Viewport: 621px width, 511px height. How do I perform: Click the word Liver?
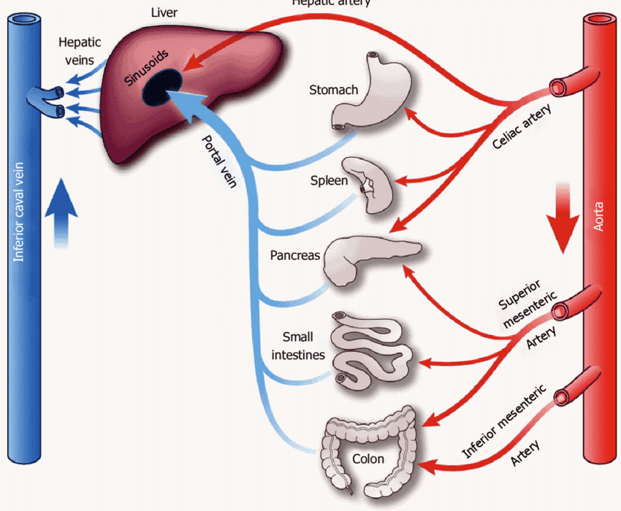(x=164, y=12)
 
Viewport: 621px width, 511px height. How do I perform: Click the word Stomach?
(x=333, y=91)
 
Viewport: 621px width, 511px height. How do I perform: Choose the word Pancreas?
(x=294, y=256)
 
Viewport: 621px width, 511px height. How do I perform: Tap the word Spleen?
(x=329, y=181)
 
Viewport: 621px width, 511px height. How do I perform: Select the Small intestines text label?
(x=298, y=346)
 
